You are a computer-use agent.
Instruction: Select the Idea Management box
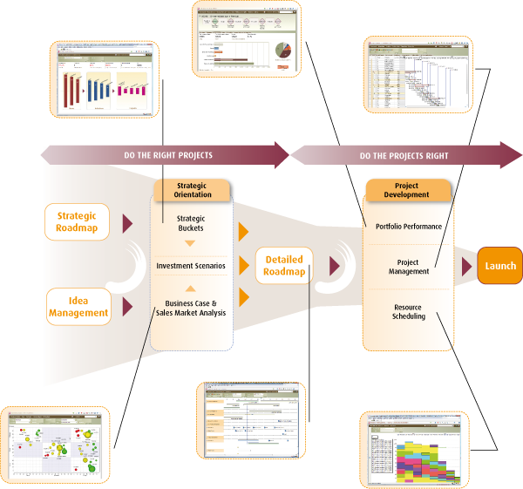[78, 306]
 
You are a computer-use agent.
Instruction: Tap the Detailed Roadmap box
[284, 265]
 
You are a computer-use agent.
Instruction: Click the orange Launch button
[499, 266]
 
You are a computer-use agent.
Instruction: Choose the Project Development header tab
[407, 190]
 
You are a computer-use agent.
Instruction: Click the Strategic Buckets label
[190, 224]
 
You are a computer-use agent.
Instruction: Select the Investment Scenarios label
[191, 265]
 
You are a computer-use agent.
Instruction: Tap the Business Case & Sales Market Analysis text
[191, 308]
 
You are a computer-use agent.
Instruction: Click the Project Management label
[408, 266]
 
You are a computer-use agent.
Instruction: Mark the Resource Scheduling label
[408, 311]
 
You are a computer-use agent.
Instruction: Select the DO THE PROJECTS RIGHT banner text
[404, 156]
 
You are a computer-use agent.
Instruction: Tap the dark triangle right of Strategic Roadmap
[127, 222]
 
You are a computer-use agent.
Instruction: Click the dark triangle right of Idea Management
[127, 305]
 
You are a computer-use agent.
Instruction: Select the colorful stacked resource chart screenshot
[413, 450]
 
